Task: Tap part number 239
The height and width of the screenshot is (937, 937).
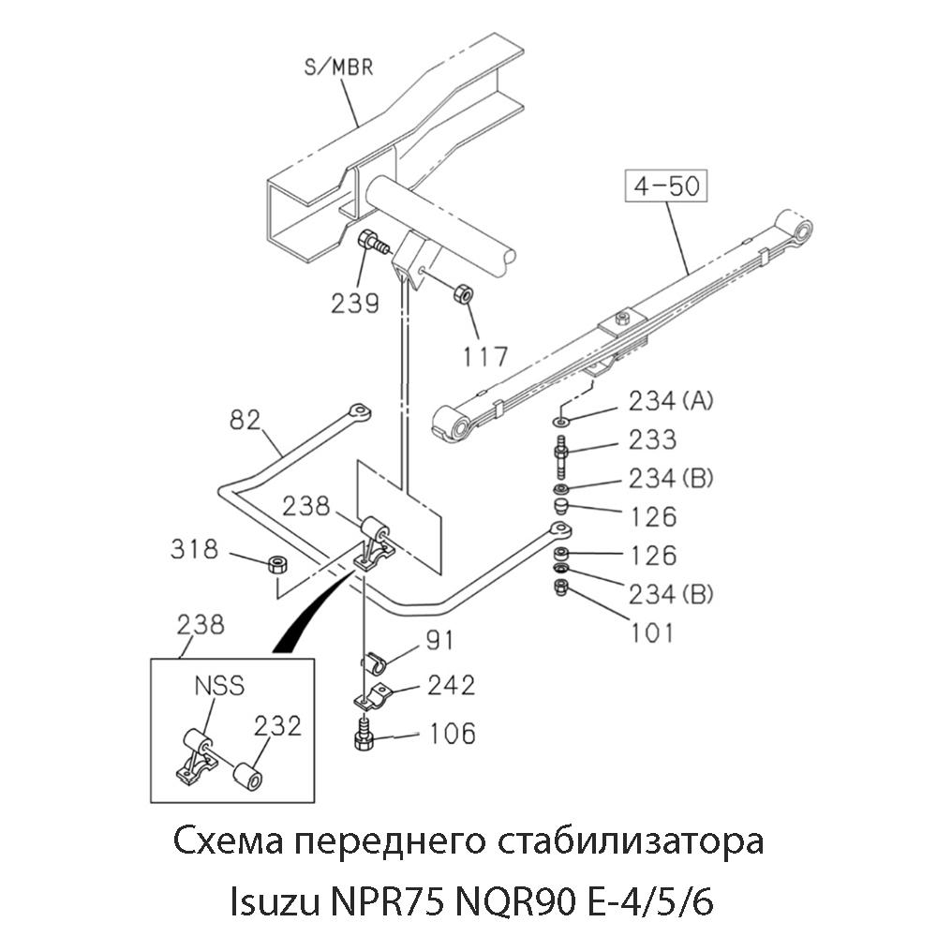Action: tap(354, 302)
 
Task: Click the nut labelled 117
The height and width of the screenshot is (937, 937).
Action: tap(462, 293)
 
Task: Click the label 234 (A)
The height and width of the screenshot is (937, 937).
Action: tap(672, 401)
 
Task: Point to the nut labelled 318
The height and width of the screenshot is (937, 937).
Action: tap(276, 564)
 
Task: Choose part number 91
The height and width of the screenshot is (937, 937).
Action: tap(439, 641)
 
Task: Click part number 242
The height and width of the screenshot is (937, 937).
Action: tap(451, 685)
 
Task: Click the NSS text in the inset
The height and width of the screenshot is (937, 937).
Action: tap(219, 686)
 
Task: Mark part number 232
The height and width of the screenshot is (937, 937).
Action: tap(278, 725)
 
